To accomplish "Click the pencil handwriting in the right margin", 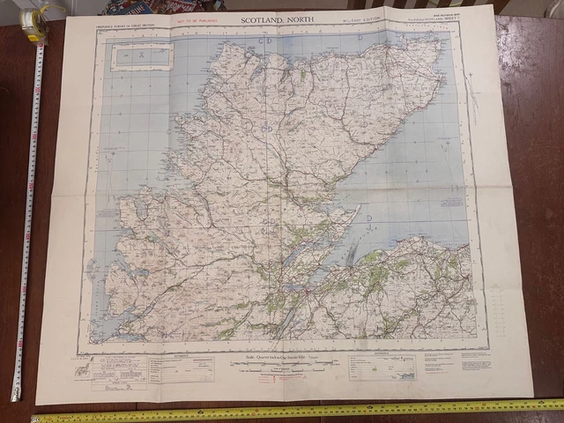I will [472, 97].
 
